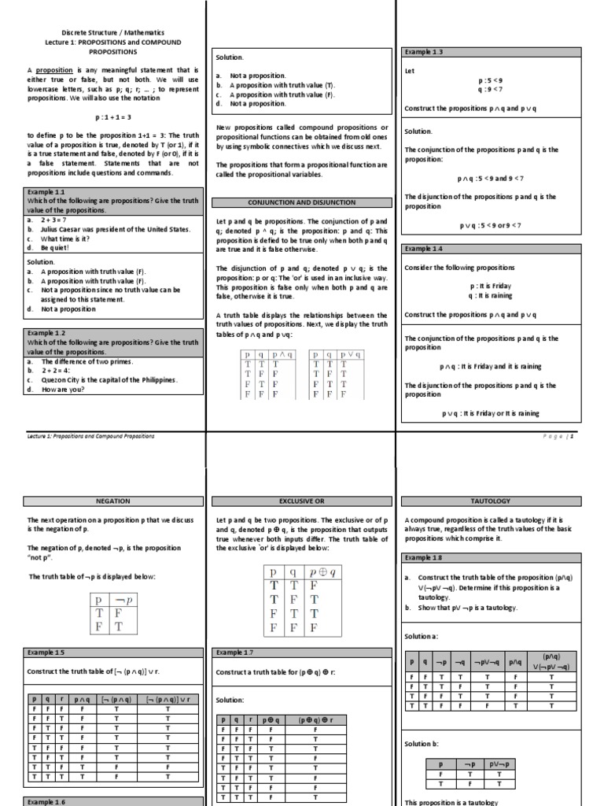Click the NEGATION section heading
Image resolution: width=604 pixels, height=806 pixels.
point(112,501)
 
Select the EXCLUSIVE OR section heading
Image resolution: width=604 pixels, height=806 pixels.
point(301,501)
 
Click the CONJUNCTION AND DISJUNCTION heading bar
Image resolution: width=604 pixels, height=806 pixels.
point(301,202)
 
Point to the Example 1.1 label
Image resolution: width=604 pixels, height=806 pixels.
point(46,191)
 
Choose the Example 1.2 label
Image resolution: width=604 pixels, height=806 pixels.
point(46,333)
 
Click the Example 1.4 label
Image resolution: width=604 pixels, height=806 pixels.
point(424,249)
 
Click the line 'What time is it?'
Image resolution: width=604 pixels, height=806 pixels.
point(64,238)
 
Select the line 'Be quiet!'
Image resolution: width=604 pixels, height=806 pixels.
point(54,248)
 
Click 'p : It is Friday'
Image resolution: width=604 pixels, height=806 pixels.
point(491,287)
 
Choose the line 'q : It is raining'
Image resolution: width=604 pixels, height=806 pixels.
point(491,296)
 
